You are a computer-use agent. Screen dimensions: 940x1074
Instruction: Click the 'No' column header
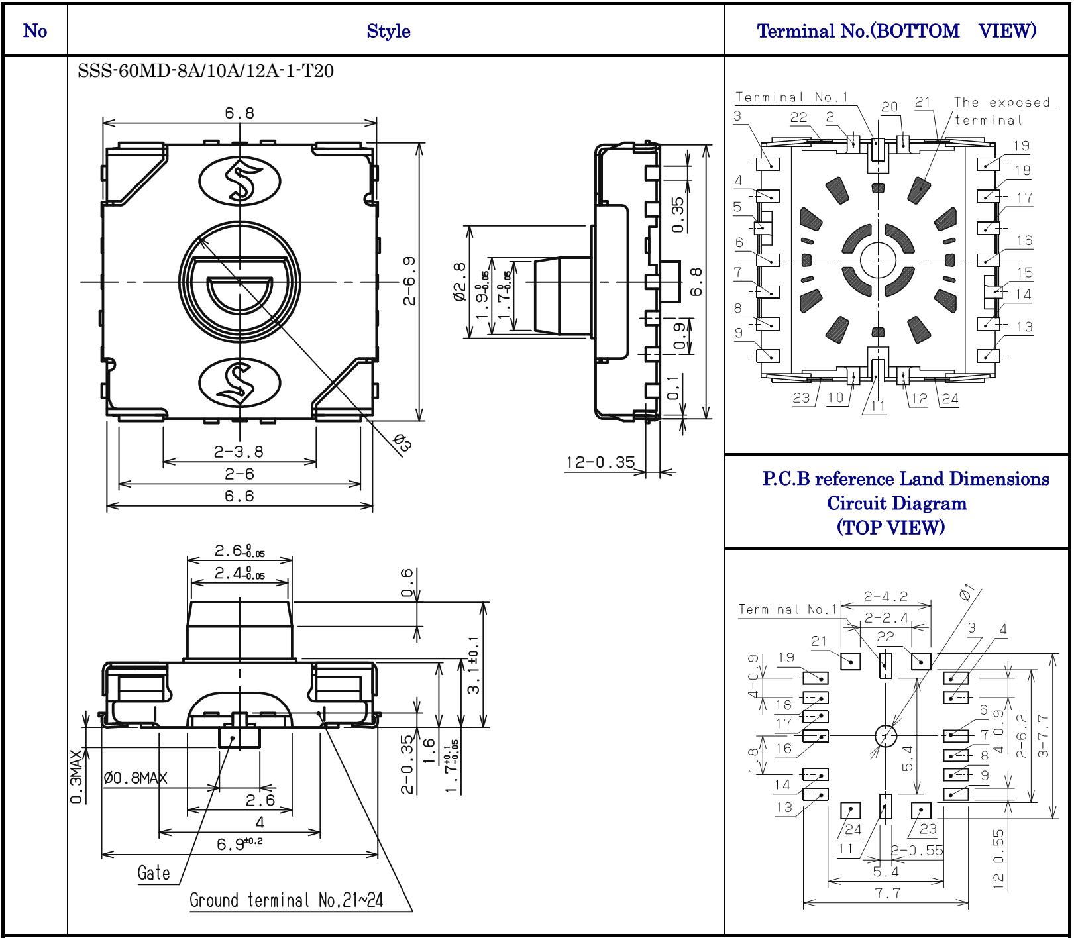coord(35,31)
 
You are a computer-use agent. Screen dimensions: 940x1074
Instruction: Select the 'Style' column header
coord(388,31)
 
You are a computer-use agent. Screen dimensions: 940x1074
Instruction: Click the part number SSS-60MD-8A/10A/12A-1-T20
coord(205,71)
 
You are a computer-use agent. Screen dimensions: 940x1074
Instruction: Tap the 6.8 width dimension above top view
coord(239,113)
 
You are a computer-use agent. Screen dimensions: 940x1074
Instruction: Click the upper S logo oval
coord(240,180)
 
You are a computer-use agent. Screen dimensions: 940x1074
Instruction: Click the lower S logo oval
coord(240,383)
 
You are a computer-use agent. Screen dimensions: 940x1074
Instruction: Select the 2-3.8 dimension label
coord(239,452)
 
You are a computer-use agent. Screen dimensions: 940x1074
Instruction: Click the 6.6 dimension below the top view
coord(239,496)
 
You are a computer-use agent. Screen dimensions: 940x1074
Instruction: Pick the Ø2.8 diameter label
coord(459,282)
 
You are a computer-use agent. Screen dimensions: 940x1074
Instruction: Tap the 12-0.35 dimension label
coord(600,462)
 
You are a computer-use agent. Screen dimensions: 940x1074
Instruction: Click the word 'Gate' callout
coord(154,873)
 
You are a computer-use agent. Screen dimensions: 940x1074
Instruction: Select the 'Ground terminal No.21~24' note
coord(286,900)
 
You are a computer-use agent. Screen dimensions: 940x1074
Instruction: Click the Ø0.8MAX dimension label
coord(135,778)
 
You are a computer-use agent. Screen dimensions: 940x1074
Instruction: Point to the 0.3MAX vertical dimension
coord(77,776)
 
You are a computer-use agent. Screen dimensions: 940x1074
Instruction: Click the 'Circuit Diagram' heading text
coord(896,503)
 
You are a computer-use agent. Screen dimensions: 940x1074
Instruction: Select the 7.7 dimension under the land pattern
coord(887,893)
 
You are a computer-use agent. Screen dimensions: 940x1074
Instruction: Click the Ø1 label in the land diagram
coord(968,593)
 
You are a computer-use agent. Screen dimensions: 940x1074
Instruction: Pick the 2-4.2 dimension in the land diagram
coord(886,597)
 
